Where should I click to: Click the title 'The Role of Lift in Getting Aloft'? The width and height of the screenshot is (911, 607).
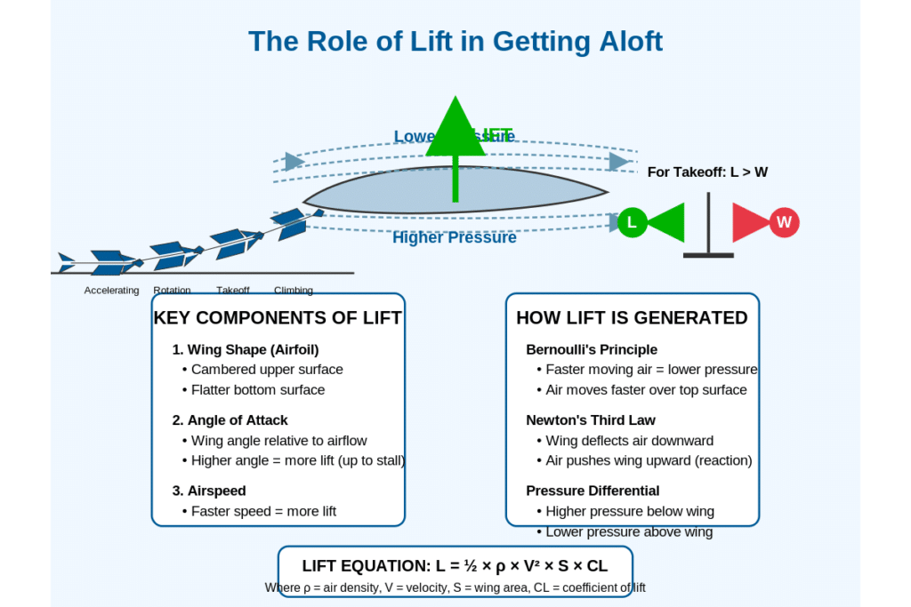(x=455, y=42)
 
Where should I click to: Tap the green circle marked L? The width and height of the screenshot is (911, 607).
(x=632, y=222)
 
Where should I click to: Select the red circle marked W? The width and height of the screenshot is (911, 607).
(x=784, y=222)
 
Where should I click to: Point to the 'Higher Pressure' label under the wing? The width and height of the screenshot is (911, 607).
(x=454, y=237)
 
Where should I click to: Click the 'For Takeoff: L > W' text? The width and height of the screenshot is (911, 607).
(x=707, y=172)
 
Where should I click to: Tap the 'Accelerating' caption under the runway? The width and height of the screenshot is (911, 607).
(x=112, y=291)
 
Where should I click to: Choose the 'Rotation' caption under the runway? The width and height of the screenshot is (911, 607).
(x=172, y=291)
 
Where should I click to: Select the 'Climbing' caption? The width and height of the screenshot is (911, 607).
(x=294, y=291)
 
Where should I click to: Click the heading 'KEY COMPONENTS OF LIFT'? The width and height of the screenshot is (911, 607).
(x=278, y=318)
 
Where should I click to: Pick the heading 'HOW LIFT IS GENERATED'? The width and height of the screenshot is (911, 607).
(x=632, y=318)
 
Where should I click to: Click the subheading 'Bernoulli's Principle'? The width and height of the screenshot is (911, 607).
(x=592, y=349)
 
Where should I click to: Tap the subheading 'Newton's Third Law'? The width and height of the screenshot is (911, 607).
(x=591, y=419)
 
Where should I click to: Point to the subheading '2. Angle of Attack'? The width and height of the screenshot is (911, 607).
(x=230, y=419)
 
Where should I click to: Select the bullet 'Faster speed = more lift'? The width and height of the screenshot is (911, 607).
(x=263, y=511)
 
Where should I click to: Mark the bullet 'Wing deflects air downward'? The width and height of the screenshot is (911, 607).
(x=629, y=440)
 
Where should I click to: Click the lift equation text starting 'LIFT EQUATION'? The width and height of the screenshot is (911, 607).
(x=455, y=565)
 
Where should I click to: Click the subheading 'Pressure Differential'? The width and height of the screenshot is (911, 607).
(x=593, y=491)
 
